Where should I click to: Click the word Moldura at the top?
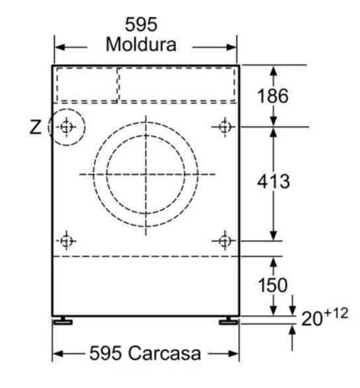point(141,44)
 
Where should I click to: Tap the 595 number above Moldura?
point(141,24)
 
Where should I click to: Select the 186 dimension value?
point(273,96)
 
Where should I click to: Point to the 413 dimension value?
point(273,181)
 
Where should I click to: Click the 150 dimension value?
point(273,285)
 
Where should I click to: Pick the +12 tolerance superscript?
point(336,313)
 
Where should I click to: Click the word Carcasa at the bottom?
point(164,353)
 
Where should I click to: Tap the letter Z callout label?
point(36,127)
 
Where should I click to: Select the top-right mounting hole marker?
point(225,127)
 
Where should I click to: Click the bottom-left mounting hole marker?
point(66,241)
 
